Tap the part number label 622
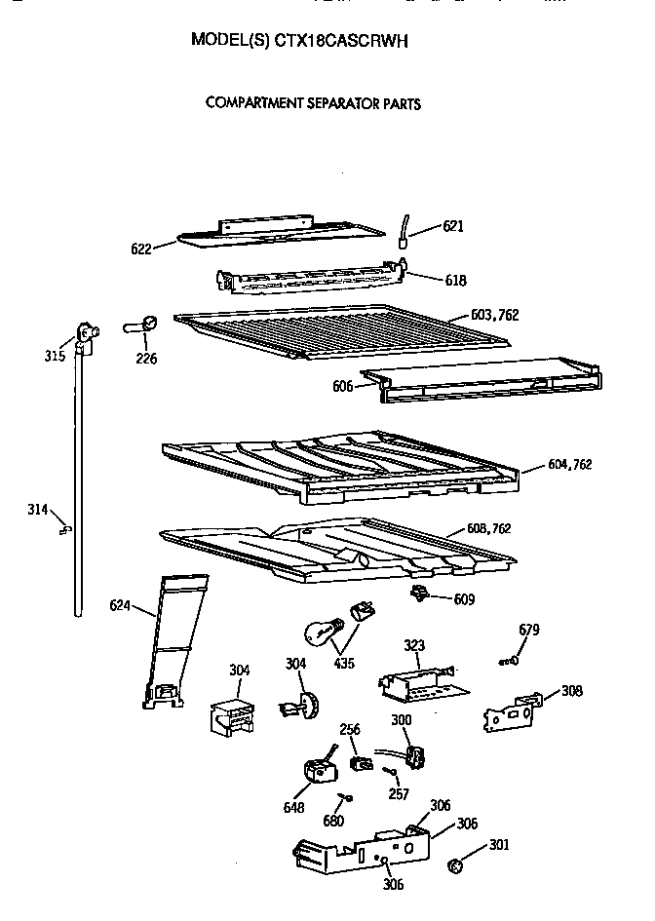click(x=142, y=249)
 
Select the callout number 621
click(x=453, y=226)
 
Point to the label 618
click(x=455, y=281)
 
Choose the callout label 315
click(x=55, y=356)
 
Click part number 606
click(x=342, y=387)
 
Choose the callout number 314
click(x=38, y=508)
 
